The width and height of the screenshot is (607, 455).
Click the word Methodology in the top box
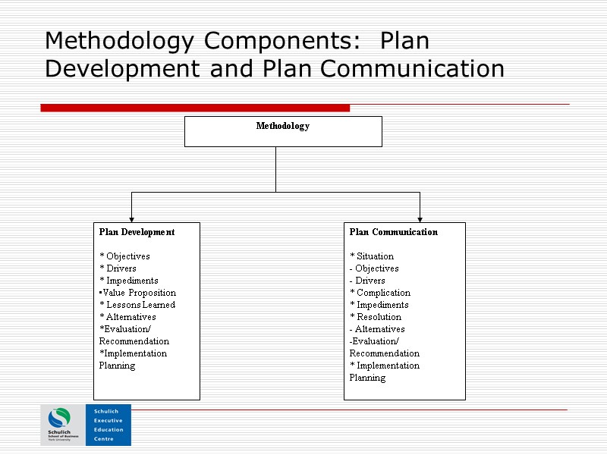pyautogui.click(x=282, y=126)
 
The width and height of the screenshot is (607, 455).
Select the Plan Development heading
pyautogui.click(x=137, y=232)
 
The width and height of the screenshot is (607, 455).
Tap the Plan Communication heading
pyautogui.click(x=393, y=232)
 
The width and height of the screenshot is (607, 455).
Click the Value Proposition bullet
pyautogui.click(x=138, y=293)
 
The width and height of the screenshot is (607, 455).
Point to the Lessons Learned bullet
pyautogui.click(x=138, y=305)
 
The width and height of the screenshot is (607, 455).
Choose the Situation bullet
pyautogui.click(x=373, y=256)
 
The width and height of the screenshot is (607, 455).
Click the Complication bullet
pyautogui.click(x=381, y=293)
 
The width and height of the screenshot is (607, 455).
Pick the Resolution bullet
pyautogui.click(x=376, y=317)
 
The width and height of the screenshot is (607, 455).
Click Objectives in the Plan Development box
pyautogui.click(x=126, y=256)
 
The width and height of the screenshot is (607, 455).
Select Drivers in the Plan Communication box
pyautogui.click(x=370, y=281)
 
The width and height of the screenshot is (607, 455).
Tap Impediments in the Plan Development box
pyautogui.click(x=130, y=281)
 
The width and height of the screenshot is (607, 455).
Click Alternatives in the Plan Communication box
pyautogui.click(x=379, y=329)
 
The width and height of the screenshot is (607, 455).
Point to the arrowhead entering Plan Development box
pyautogui.click(x=131, y=219)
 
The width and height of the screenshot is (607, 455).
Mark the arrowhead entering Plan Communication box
pyautogui.click(x=420, y=219)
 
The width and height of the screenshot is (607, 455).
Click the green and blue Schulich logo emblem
pyautogui.click(x=59, y=418)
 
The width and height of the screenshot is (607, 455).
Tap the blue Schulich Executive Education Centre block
pyautogui.click(x=109, y=425)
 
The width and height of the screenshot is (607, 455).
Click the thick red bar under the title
pyautogui.click(x=195, y=108)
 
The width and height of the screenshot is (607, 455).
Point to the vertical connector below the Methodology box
pyautogui.click(x=275, y=169)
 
